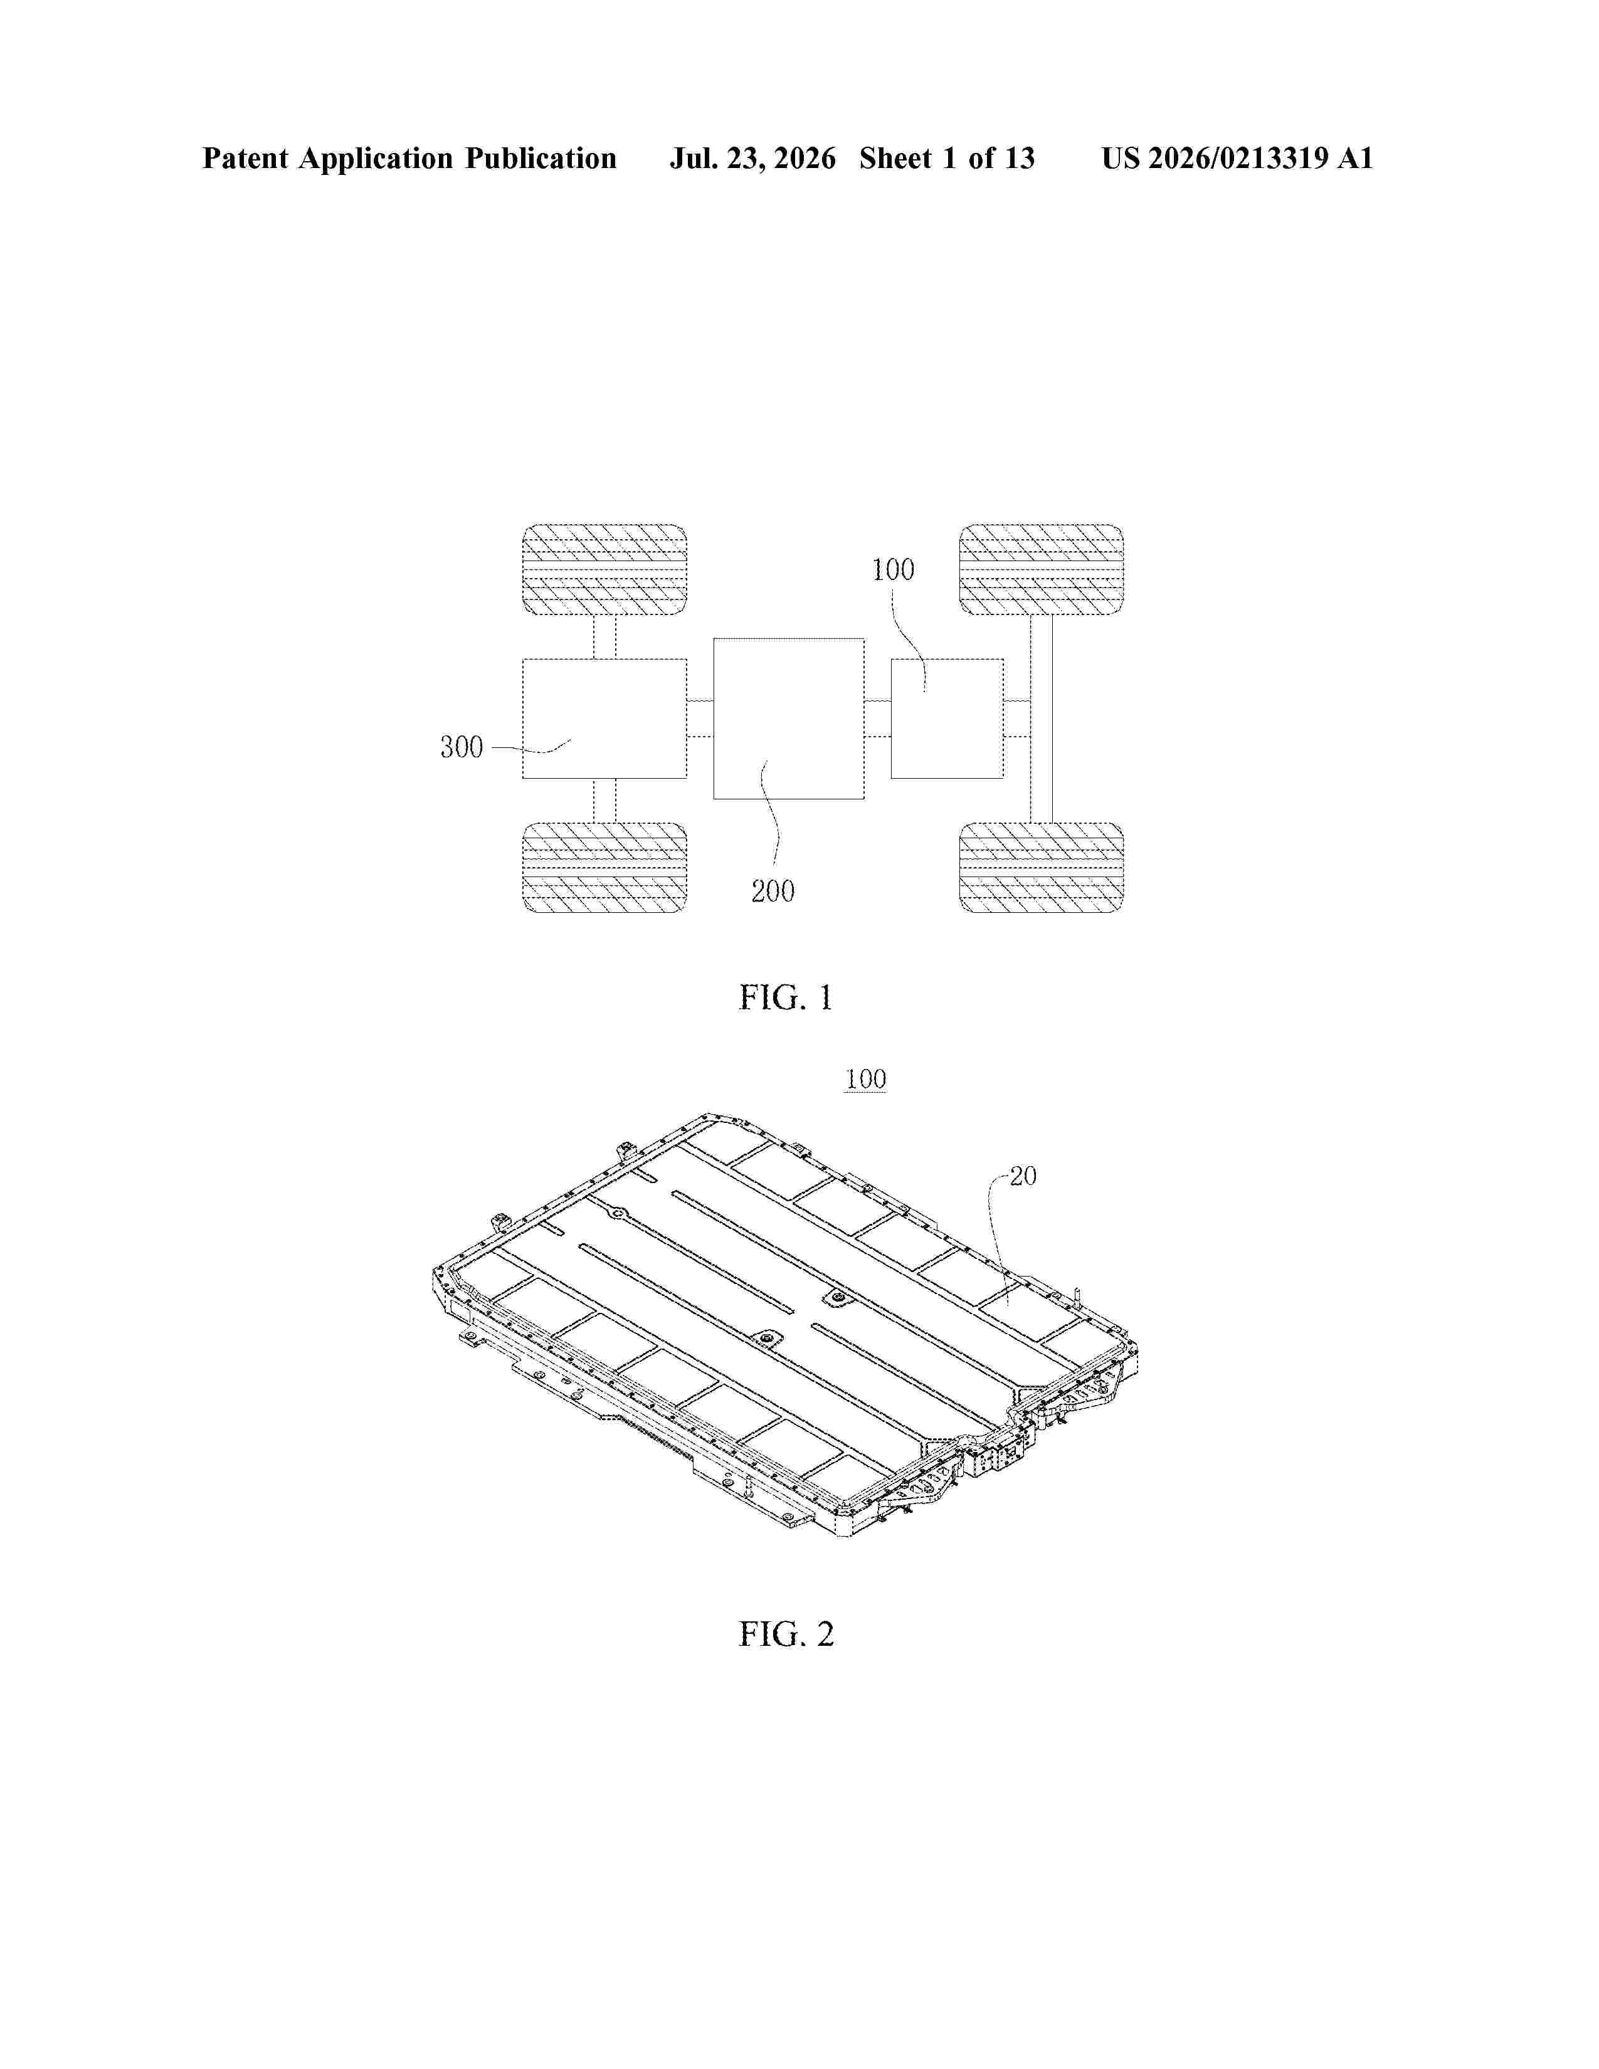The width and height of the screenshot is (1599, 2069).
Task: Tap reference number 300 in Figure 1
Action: tap(462, 747)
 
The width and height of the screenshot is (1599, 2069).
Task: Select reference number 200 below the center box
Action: tap(773, 892)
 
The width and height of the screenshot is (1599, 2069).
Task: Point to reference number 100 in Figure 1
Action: tap(894, 571)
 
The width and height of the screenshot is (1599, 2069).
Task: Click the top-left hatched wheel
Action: tap(604, 569)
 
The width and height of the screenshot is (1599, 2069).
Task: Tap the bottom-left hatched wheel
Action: tap(604, 868)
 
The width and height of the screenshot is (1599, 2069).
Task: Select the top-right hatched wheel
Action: tap(1041, 569)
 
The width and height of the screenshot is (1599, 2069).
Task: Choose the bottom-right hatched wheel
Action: tap(1041, 868)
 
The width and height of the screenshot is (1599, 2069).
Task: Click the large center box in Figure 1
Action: tap(789, 718)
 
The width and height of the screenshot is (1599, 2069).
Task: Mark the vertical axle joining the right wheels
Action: tap(1041, 719)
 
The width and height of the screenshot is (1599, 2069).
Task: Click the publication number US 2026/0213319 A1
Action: tap(1237, 158)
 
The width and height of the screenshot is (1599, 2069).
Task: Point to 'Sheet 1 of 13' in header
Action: tap(947, 158)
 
